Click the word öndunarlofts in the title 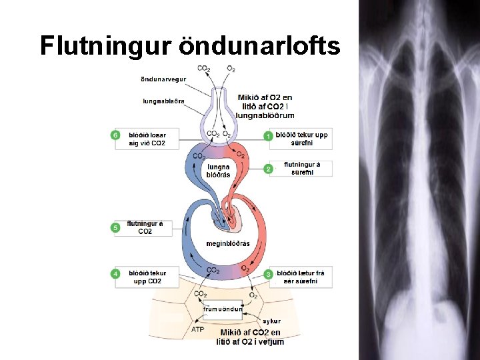coord(260,46)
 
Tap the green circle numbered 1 coord(269,136)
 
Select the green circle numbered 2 coord(269,169)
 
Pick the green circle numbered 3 coord(269,274)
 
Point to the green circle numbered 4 coord(115,274)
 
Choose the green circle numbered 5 coord(115,228)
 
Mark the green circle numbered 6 coord(115,135)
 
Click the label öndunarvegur coord(163,80)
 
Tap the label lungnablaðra coord(163,101)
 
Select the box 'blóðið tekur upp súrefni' coord(302,139)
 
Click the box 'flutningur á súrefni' coord(302,169)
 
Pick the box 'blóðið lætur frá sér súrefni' coord(301,277)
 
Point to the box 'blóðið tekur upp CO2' coord(147,277)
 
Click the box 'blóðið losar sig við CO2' coord(147,139)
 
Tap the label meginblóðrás coord(228,243)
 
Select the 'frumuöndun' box coord(223,309)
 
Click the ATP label coord(198,329)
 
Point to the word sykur coord(271,321)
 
